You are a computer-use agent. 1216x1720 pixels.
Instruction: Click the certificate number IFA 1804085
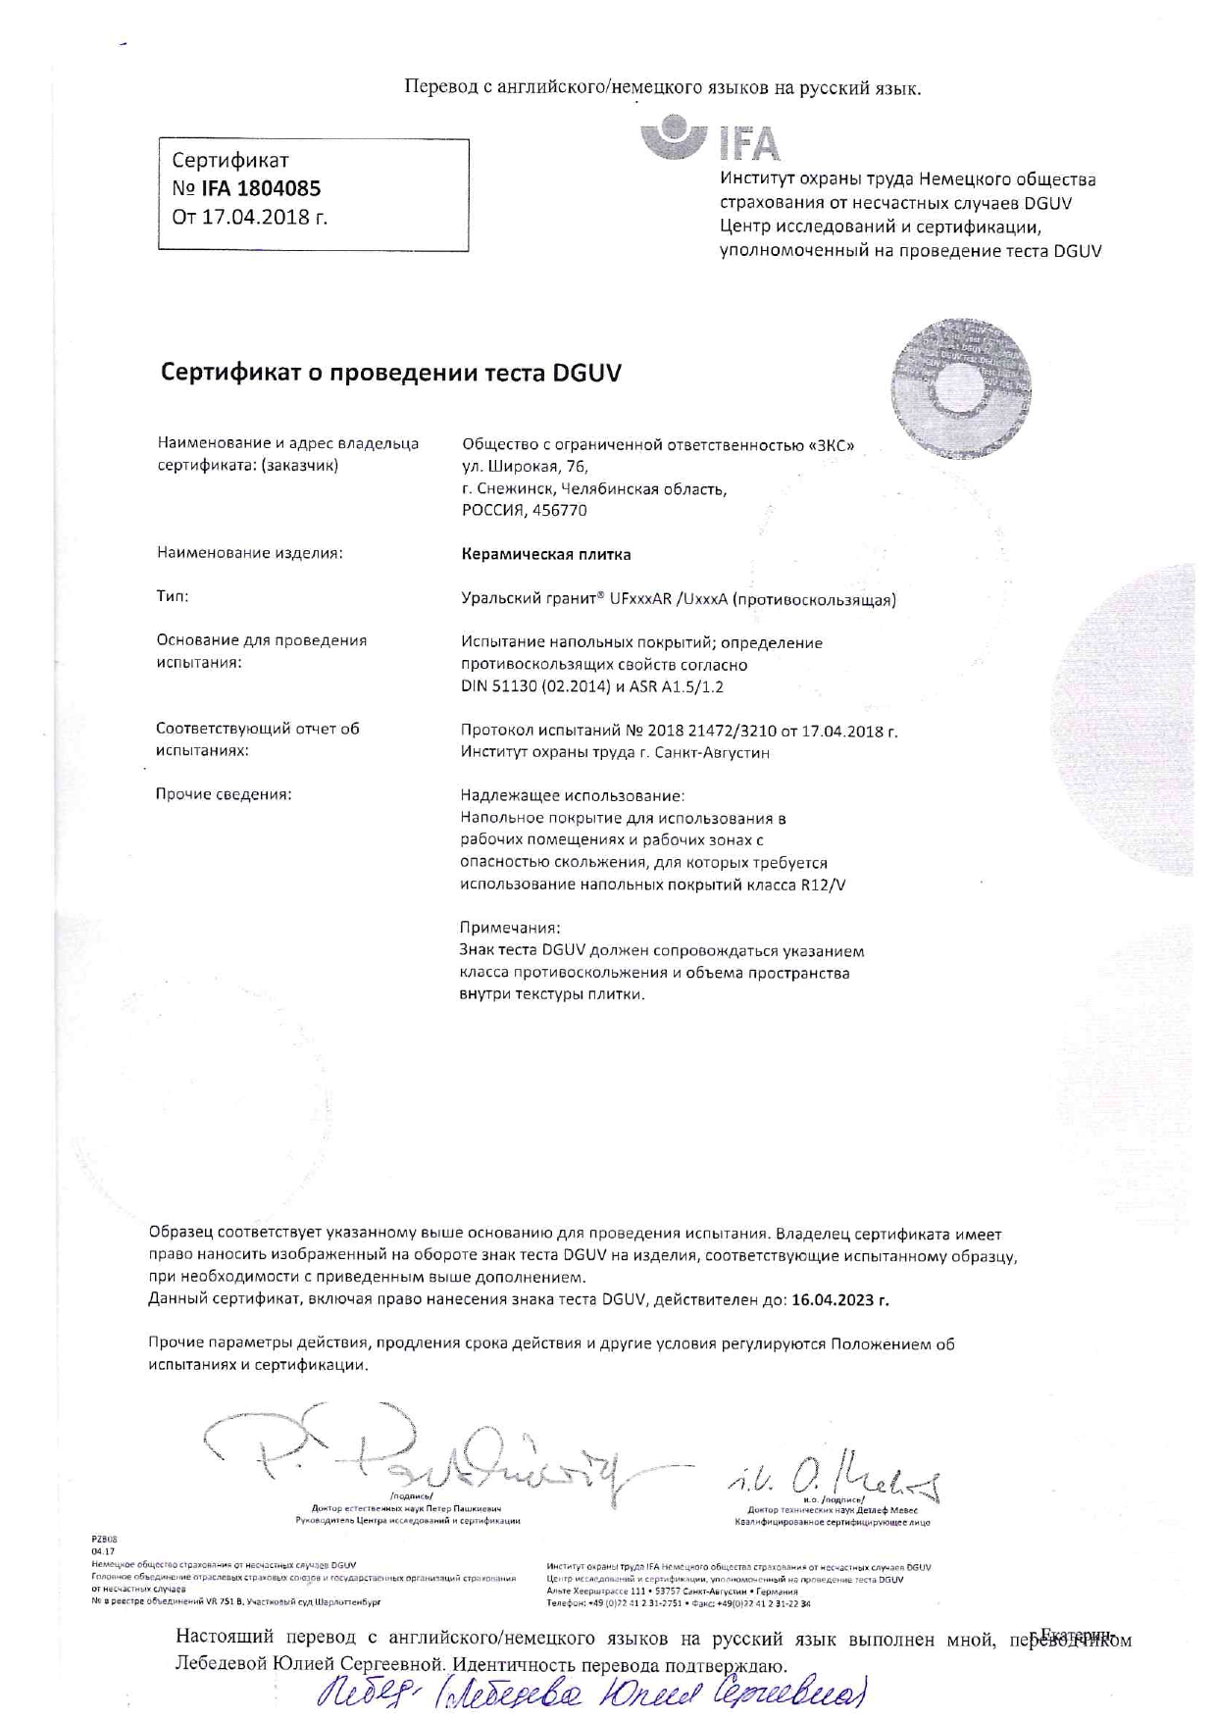pos(261,188)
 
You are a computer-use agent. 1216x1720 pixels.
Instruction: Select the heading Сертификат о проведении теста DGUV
pos(390,374)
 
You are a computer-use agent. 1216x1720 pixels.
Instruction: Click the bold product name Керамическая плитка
pos(546,554)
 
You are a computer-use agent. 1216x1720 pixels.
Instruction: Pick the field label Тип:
pos(173,596)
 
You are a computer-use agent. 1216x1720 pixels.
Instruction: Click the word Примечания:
pos(510,928)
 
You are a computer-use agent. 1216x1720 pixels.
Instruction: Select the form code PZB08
pos(103,1541)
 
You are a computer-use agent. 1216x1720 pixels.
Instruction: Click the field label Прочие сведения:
pos(224,794)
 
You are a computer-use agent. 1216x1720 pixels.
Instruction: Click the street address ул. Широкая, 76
pos(525,467)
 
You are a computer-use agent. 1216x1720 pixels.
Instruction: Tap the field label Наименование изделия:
pos(250,553)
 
